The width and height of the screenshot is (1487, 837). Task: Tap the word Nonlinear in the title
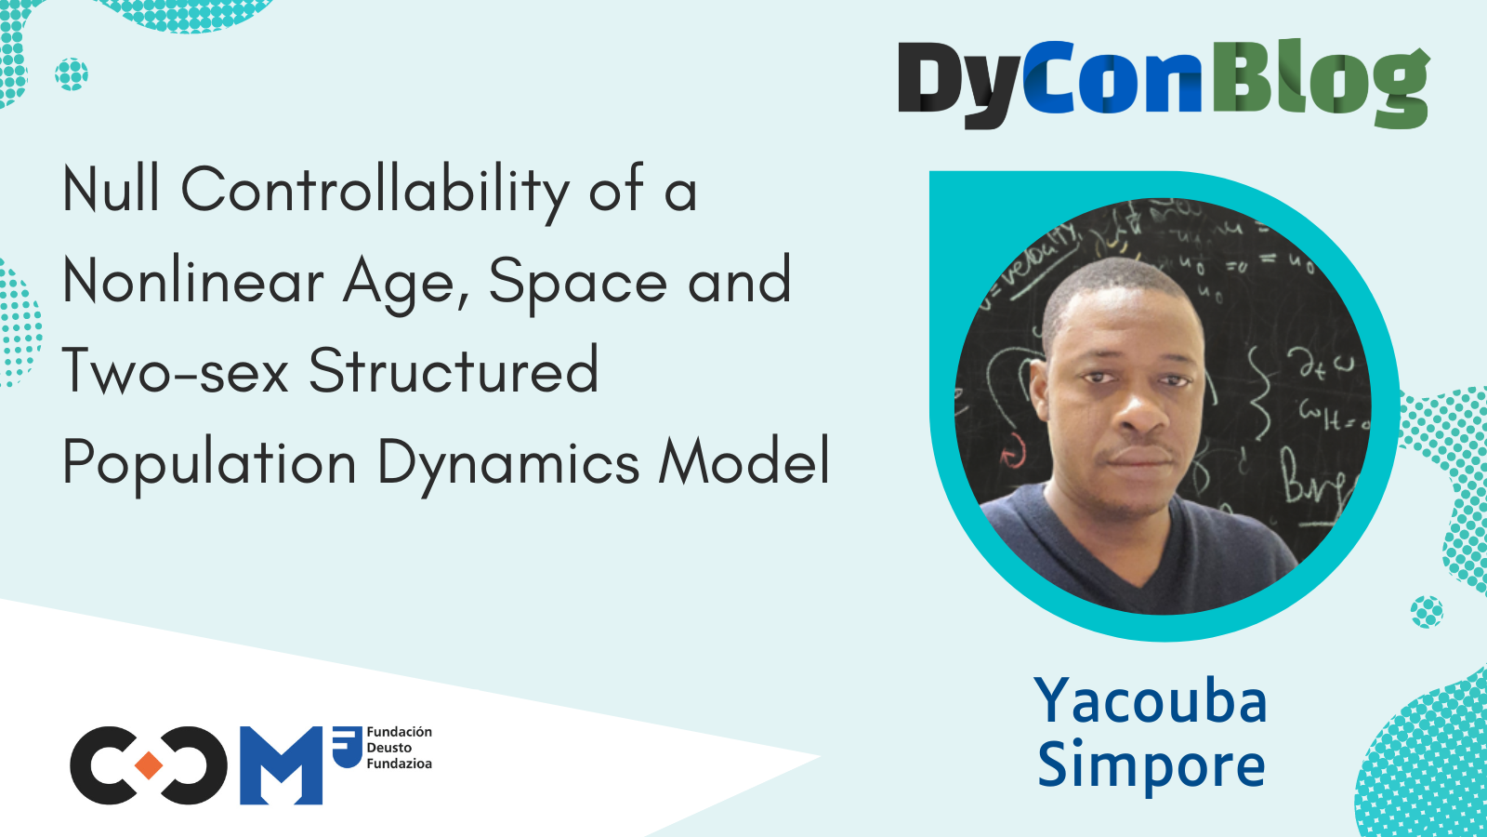192,281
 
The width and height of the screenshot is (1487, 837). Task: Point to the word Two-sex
175,371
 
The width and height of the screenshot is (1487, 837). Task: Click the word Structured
454,371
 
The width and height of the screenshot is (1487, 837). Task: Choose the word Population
209,463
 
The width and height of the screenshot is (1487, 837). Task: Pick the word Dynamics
508,463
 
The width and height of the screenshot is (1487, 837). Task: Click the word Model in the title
743,461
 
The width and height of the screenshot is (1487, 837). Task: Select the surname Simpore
1151,765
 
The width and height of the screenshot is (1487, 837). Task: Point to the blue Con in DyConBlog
1112,82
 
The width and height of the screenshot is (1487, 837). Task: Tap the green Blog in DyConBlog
1320,84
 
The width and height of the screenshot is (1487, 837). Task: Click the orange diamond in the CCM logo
149,765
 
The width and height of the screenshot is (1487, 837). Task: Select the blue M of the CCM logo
281,765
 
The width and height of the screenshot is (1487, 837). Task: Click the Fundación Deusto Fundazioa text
399,748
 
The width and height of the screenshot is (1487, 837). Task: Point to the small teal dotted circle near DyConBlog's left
72,73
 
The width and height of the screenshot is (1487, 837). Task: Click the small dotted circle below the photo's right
1427,612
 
